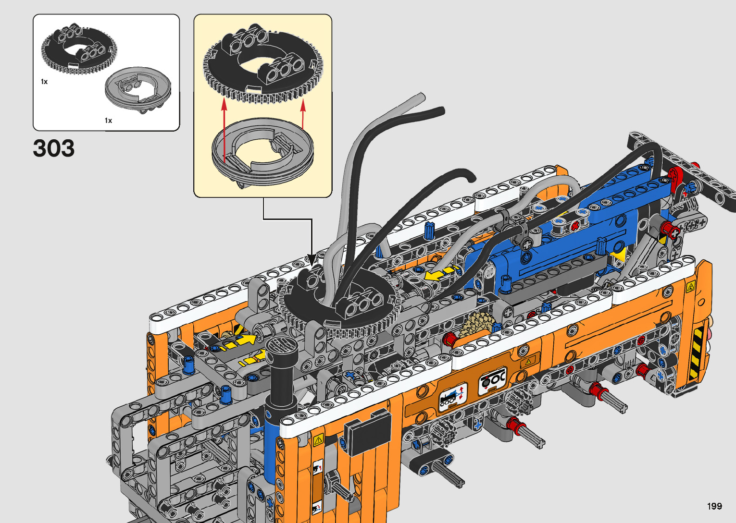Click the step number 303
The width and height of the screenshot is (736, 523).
(x=53, y=148)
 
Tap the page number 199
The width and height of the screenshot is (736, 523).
(x=714, y=506)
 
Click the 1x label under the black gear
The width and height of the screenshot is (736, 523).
(x=44, y=82)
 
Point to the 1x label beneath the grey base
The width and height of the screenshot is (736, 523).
(x=109, y=121)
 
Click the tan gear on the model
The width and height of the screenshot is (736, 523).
(x=476, y=324)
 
